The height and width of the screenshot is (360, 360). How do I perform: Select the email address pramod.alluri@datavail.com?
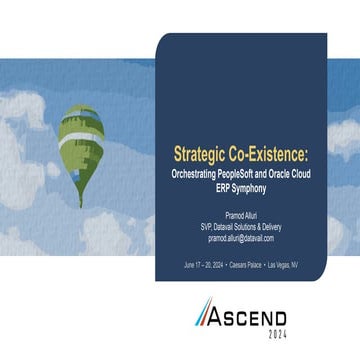point(241,239)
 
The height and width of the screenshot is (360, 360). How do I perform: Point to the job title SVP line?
point(241,227)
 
